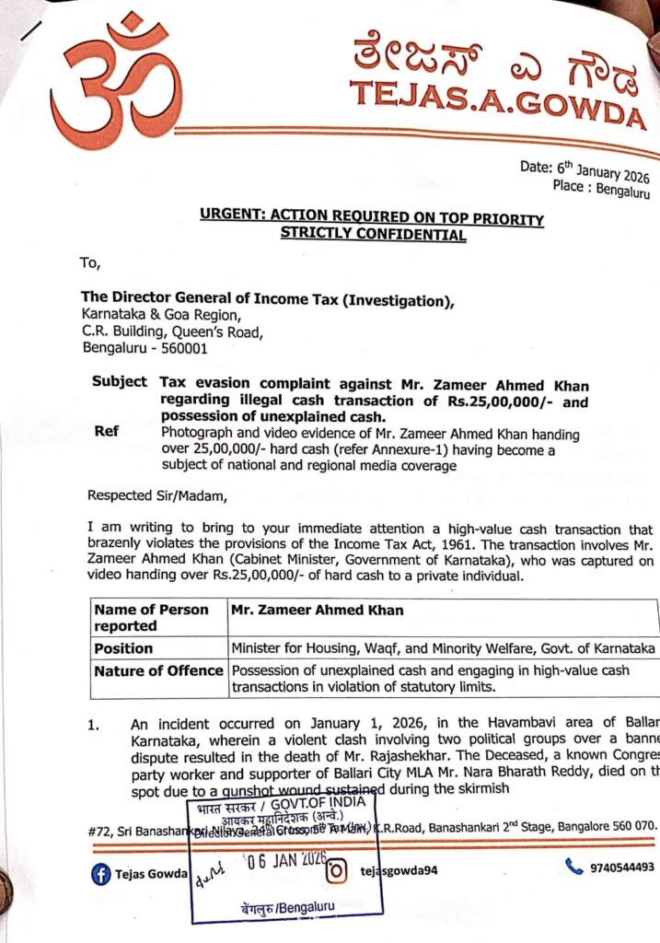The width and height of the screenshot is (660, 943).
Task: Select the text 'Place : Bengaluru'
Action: [x=601, y=192]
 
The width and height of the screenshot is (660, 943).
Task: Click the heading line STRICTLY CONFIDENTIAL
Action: [x=373, y=235]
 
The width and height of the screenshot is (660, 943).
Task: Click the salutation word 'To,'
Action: [x=89, y=263]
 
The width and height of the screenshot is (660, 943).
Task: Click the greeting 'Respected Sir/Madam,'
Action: [x=156, y=495]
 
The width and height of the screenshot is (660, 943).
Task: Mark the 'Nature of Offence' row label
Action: [x=158, y=670]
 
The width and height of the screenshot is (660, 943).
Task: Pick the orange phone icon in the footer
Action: [x=574, y=867]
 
